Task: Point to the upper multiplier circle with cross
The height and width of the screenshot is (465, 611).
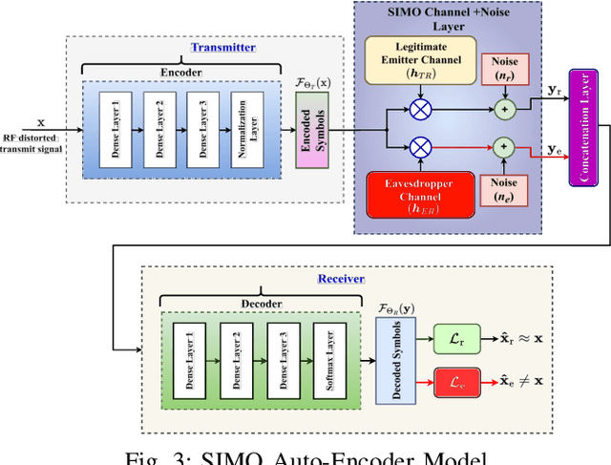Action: point(419,110)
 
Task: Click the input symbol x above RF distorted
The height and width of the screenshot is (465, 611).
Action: point(40,122)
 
